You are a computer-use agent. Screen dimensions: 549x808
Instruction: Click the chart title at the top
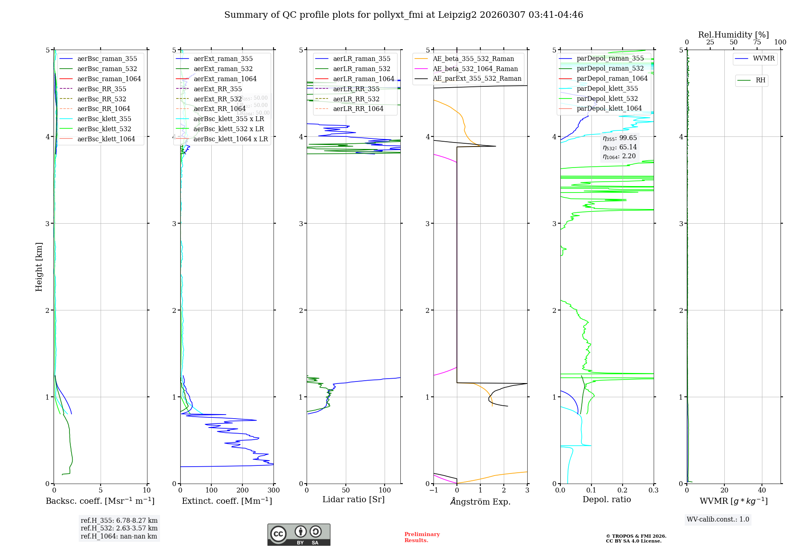pyautogui.click(x=404, y=15)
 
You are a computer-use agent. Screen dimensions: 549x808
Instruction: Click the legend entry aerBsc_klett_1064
pyautogui.click(x=106, y=139)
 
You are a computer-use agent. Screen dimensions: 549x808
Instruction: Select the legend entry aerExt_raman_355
pyautogui.click(x=223, y=59)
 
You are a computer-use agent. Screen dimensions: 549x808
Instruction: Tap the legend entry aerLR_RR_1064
pyautogui.click(x=358, y=109)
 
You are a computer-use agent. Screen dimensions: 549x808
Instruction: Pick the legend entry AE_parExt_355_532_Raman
pyautogui.click(x=477, y=78)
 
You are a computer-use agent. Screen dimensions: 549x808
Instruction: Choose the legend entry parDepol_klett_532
pyautogui.click(x=607, y=98)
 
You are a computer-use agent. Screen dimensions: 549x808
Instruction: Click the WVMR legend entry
pyautogui.click(x=764, y=59)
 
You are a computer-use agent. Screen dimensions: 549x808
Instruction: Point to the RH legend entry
pyautogui.click(x=760, y=80)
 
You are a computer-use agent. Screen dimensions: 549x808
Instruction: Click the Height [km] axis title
pyautogui.click(x=39, y=266)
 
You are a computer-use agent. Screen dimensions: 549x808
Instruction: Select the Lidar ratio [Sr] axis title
pyautogui.click(x=353, y=499)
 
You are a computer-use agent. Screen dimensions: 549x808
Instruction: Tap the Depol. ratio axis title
pyautogui.click(x=606, y=499)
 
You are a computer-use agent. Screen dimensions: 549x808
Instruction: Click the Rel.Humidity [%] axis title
pyautogui.click(x=733, y=35)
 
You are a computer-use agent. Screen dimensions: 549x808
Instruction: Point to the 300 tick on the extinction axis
pyautogui.click(x=274, y=490)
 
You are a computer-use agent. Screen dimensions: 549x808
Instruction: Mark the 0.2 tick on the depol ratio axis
pyautogui.click(x=623, y=490)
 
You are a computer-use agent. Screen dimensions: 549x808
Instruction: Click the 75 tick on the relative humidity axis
pyautogui.click(x=757, y=42)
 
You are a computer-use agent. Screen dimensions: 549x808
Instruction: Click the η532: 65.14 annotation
pyautogui.click(x=620, y=147)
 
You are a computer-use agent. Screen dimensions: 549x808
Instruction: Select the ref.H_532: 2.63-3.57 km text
pyautogui.click(x=119, y=528)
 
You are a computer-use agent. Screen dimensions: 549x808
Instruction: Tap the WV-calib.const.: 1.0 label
pyautogui.click(x=718, y=519)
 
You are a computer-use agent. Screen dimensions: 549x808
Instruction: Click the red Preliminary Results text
pyautogui.click(x=422, y=537)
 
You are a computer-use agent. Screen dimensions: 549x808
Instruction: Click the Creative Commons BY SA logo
pyautogui.click(x=299, y=534)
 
